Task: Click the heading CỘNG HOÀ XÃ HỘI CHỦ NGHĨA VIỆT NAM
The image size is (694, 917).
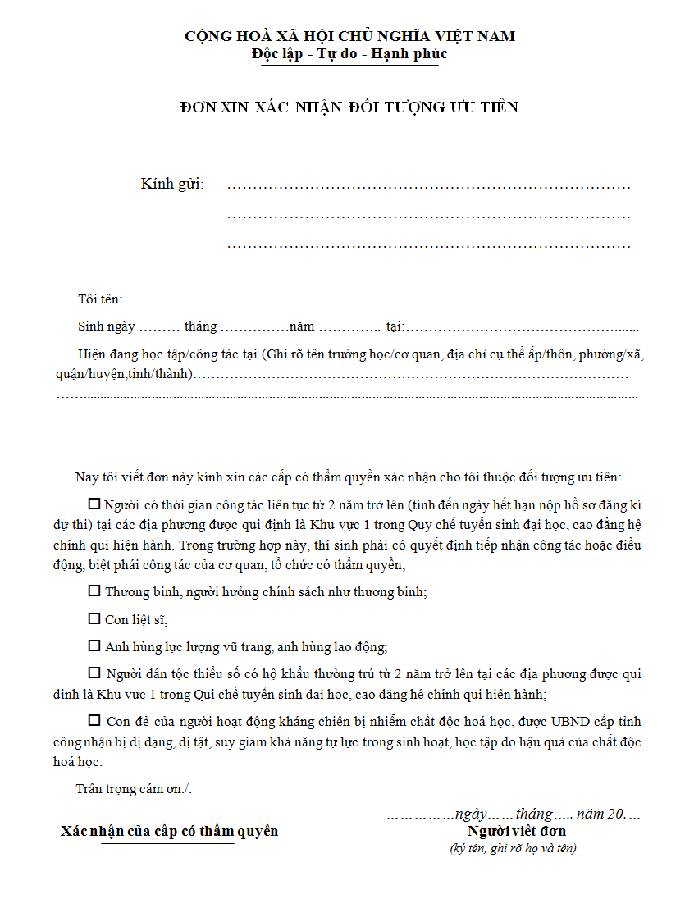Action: pos(349,36)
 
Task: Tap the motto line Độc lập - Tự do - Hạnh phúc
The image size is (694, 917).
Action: pos(349,54)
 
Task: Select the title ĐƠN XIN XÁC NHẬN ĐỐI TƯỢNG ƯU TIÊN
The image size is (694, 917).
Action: pos(349,107)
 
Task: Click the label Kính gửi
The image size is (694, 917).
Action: pos(172,184)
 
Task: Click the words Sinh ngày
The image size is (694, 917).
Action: pos(107,326)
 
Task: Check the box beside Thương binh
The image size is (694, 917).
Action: pos(94,591)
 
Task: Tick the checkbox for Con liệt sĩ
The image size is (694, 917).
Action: pos(94,618)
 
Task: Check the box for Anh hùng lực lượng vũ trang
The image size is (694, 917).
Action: pos(94,646)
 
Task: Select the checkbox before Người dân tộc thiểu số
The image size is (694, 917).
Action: pos(94,673)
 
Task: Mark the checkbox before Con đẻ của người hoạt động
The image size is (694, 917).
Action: pos(94,721)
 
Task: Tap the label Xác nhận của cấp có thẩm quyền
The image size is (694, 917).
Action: pos(169,831)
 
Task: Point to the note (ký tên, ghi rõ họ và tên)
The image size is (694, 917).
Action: pos(513,849)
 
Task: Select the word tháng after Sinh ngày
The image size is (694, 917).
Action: pos(201,326)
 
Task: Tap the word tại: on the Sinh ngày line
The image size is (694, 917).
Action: pos(395,326)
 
